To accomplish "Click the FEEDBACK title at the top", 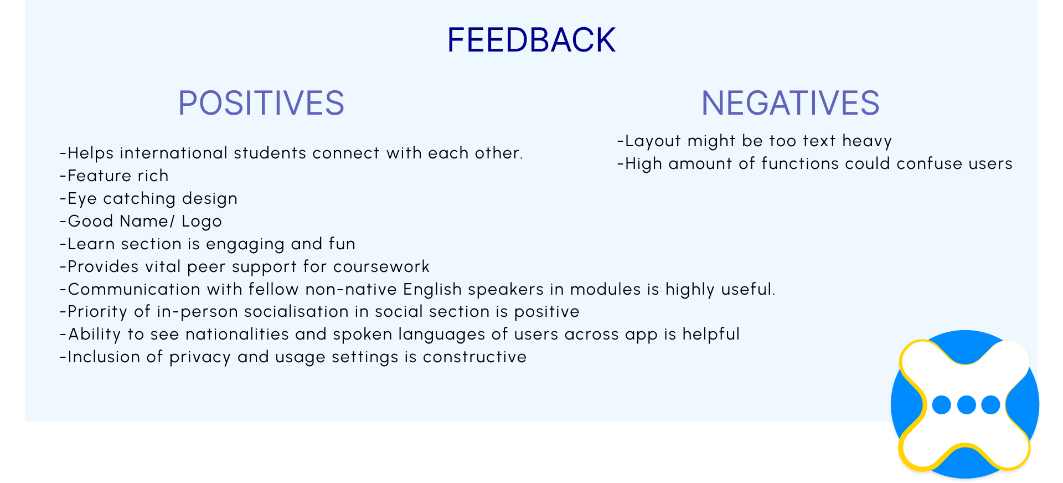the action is [x=531, y=40].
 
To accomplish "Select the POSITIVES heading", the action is [x=261, y=103].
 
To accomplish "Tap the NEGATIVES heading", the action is [x=791, y=103].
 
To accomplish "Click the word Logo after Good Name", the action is [x=202, y=222].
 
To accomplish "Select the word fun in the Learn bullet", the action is [x=342, y=244].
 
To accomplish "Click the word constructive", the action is [x=474, y=357].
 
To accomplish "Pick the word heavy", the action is [x=867, y=141].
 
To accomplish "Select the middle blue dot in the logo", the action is [x=966, y=405].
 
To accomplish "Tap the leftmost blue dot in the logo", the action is [x=942, y=405].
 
